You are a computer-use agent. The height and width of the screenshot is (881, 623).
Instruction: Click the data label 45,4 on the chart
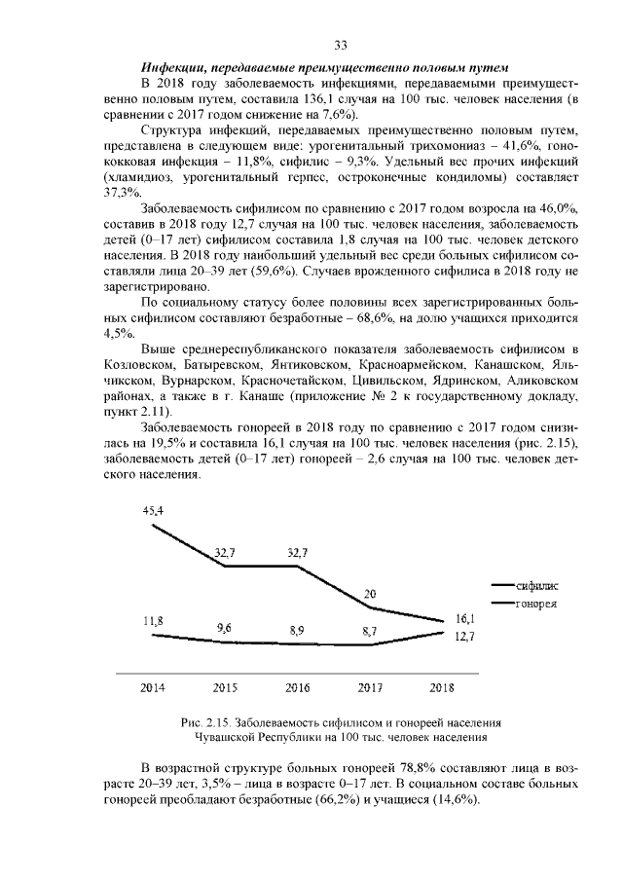pyautogui.click(x=153, y=509)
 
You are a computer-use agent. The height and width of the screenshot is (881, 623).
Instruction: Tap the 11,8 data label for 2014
pyautogui.click(x=153, y=620)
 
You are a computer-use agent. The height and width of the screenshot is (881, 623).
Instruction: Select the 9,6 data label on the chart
pyautogui.click(x=225, y=628)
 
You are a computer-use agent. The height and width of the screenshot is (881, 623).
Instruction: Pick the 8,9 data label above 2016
pyautogui.click(x=297, y=631)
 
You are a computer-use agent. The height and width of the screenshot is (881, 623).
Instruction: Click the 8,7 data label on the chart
pyautogui.click(x=370, y=632)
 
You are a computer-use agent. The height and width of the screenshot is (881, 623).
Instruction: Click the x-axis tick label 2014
pyautogui.click(x=153, y=687)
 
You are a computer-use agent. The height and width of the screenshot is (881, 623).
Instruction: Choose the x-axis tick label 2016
pyautogui.click(x=297, y=687)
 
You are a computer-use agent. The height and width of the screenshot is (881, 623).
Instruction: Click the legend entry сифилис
pyautogui.click(x=536, y=586)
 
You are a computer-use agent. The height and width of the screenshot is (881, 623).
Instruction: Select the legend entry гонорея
pyautogui.click(x=534, y=604)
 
